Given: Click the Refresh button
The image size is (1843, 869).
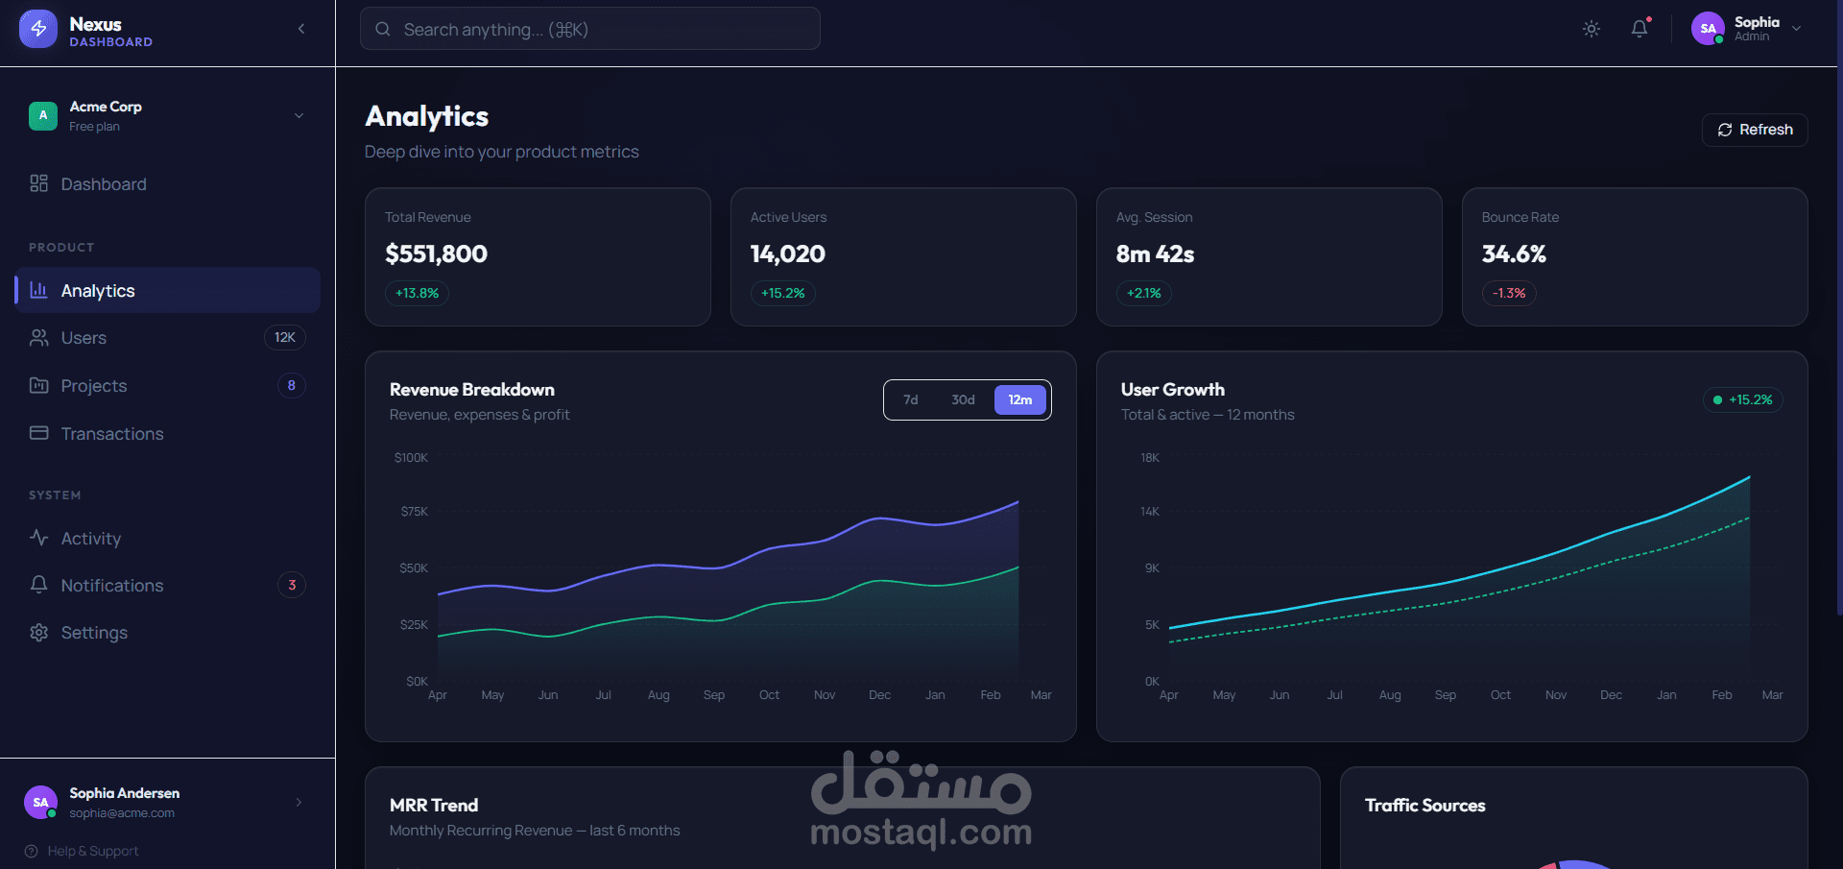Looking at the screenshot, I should (x=1755, y=130).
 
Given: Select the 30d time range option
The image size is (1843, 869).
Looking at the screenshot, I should (x=963, y=400).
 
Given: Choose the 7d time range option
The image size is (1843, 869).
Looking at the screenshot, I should (x=910, y=400).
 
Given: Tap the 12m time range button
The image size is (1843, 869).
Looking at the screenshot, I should (x=1019, y=400).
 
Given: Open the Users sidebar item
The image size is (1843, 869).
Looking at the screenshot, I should (x=84, y=338).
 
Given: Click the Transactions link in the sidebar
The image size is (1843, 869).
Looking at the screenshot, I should (x=111, y=434).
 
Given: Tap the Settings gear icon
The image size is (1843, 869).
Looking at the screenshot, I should (x=39, y=633).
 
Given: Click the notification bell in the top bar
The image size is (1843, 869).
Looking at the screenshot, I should (x=1640, y=29).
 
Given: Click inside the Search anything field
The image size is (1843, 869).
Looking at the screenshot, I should (x=589, y=30).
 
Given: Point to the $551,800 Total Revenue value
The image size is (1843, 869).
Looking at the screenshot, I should (x=436, y=254).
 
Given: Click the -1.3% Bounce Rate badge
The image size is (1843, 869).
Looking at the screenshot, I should (x=1509, y=294).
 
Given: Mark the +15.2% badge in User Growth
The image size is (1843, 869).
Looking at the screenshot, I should (x=1742, y=400).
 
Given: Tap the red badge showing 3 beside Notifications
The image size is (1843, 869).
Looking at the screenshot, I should (x=292, y=586).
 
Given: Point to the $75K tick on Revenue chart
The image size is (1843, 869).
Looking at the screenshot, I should (x=414, y=512).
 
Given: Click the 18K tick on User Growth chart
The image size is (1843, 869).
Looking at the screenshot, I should (x=1150, y=458).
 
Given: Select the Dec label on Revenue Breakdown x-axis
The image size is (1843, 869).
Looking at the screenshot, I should (x=879, y=695).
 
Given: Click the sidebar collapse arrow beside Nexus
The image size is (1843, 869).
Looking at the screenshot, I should (x=301, y=29).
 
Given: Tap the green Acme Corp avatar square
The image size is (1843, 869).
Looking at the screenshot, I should (x=43, y=116).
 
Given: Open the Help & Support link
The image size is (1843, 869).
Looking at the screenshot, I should (x=92, y=852).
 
